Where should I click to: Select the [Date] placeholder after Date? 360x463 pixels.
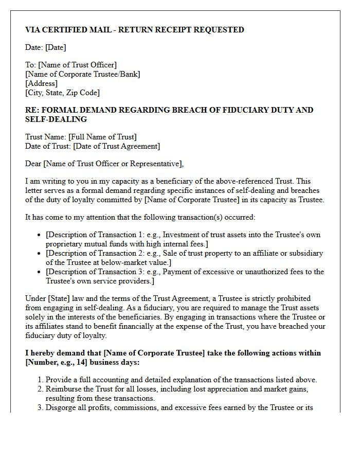click(x=56, y=47)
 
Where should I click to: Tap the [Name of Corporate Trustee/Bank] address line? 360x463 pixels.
click(x=83, y=74)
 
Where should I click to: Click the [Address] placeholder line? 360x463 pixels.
click(x=42, y=83)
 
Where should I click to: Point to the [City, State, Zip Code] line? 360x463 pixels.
click(x=62, y=93)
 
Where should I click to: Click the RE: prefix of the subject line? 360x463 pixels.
click(x=32, y=110)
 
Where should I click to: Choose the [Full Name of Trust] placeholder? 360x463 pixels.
click(x=102, y=137)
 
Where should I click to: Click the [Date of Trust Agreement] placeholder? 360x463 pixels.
click(x=117, y=146)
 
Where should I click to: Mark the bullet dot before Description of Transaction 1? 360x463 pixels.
click(x=40, y=235)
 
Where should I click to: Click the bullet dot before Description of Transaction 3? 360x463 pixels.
click(x=40, y=272)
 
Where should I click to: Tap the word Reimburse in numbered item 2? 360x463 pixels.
click(x=64, y=389)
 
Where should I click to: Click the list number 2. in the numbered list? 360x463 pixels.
click(x=40, y=389)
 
